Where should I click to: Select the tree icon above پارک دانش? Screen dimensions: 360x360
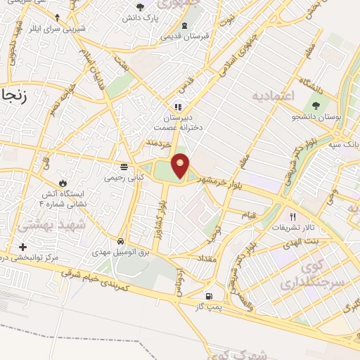141,8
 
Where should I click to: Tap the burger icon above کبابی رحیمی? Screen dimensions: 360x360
124,167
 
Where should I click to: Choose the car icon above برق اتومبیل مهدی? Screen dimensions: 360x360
121,240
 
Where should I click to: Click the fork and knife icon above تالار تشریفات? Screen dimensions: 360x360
293,217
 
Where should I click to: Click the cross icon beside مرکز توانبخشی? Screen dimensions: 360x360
22,247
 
